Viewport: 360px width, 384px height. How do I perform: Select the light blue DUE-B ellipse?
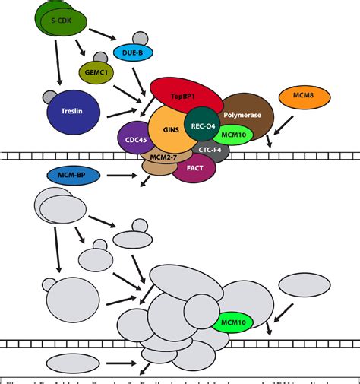(128, 52)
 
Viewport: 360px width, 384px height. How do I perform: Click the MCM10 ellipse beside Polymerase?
(232, 135)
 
